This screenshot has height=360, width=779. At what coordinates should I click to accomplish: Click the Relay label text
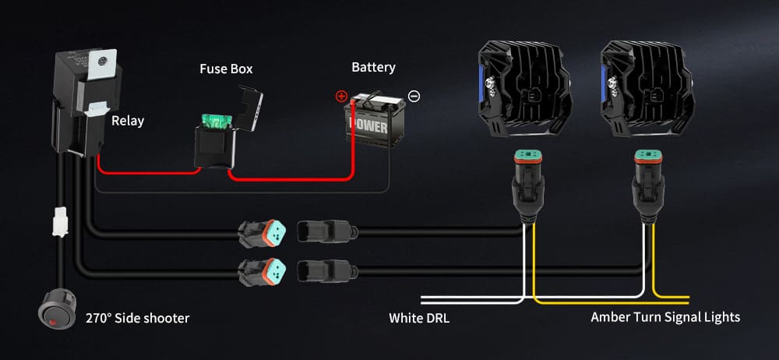point(128,121)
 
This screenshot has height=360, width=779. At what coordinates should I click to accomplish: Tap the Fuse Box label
point(226,69)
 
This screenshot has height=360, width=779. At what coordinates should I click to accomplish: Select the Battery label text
point(373,68)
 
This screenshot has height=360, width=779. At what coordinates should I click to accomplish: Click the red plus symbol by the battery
point(340,97)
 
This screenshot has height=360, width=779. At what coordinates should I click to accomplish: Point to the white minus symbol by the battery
point(414,96)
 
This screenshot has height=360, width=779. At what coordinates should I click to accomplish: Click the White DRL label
point(419,318)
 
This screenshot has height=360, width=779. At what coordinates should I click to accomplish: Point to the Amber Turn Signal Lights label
point(665,317)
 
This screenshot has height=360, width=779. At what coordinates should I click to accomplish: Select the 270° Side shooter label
point(137,318)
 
